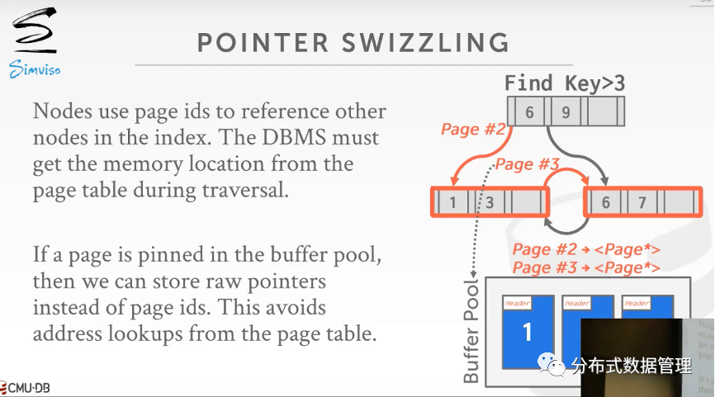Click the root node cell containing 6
(x=530, y=111)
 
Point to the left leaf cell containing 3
(x=489, y=202)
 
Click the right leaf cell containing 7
(x=642, y=202)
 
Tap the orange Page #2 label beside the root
(x=472, y=129)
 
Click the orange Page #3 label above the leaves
(x=528, y=163)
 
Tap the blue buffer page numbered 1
(x=528, y=332)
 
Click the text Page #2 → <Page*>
(x=586, y=249)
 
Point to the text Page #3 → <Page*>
(x=586, y=267)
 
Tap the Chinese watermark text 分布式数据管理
(x=631, y=364)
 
